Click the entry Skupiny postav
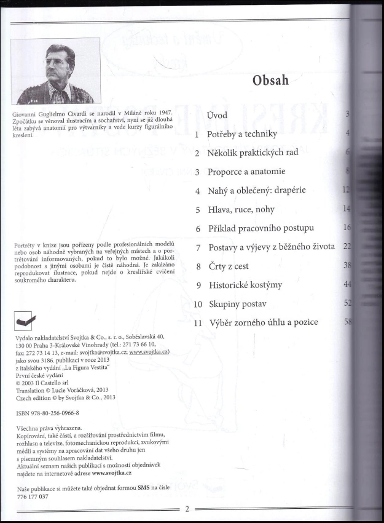coord(237,304)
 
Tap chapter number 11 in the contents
coord(198,323)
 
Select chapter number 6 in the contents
coord(198,228)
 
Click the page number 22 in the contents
coord(347,247)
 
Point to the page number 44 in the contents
coord(347,284)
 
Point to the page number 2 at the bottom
coord(188,509)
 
